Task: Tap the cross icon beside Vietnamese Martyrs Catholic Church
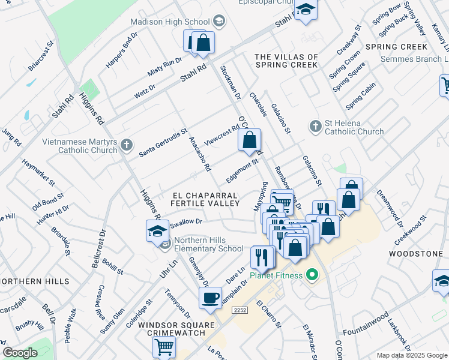coord(125,145)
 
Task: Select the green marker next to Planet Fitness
coord(312,276)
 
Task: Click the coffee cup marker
coord(211,298)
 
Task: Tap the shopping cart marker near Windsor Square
coord(164,346)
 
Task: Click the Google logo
coord(20,353)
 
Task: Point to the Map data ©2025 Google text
coord(411,355)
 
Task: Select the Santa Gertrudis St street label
coord(163,143)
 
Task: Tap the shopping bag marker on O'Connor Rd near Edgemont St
coord(249,140)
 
